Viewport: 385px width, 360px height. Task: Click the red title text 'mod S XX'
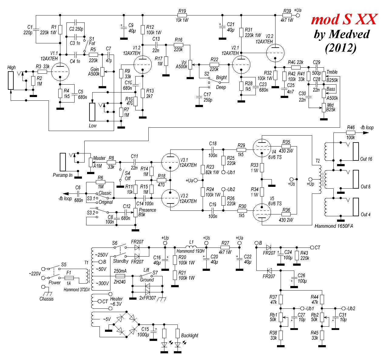coord(344,20)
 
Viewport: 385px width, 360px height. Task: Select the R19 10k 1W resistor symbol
coord(182,15)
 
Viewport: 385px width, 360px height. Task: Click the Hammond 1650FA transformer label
coord(334,226)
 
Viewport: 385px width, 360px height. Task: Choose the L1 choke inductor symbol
coord(191,246)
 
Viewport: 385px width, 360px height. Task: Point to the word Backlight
coord(189,335)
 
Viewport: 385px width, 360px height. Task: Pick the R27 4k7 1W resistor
coord(225,247)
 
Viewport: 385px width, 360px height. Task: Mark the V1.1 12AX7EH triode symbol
coord(60,72)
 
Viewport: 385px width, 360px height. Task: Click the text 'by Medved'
coord(342,34)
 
